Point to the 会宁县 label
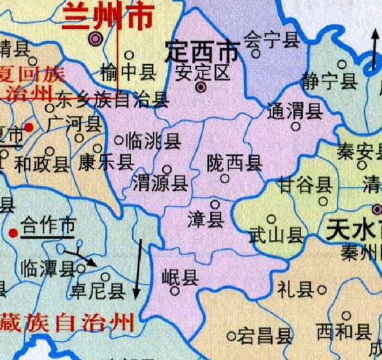coord(272,41)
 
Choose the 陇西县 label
coord(234,163)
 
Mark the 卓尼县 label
coord(98,291)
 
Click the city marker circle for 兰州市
coord(96,39)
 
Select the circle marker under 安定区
coord(201,87)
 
